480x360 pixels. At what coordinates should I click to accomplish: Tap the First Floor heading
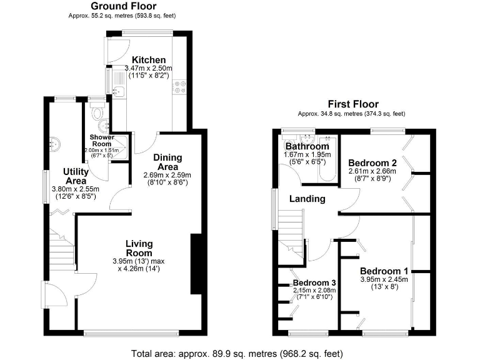click(352, 104)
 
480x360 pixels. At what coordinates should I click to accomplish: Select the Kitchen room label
click(144, 60)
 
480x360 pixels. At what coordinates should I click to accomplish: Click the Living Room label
click(139, 248)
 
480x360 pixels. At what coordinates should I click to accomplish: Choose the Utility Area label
click(78, 176)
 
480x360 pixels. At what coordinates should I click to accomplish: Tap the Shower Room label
click(101, 140)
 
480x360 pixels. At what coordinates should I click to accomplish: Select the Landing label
click(307, 199)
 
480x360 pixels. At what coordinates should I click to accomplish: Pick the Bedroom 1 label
click(384, 271)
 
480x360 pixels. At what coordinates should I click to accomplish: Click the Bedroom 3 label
click(314, 282)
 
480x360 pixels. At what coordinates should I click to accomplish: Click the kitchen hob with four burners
click(181, 87)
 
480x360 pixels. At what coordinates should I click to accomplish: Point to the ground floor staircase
click(62, 250)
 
